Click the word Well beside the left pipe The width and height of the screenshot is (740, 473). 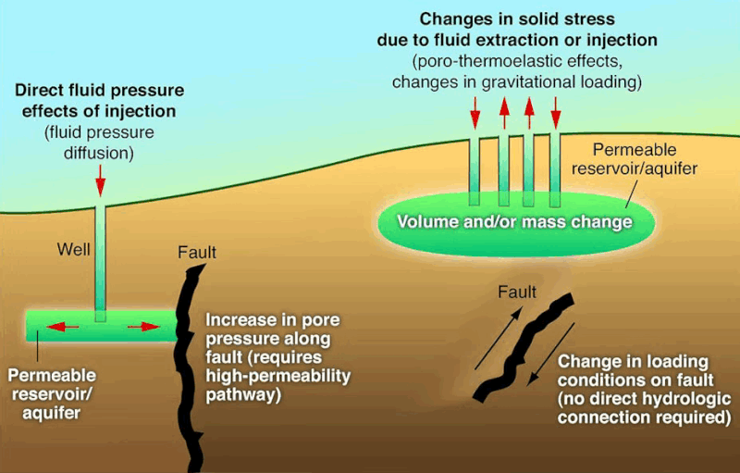(74, 248)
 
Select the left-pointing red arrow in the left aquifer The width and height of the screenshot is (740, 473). (60, 326)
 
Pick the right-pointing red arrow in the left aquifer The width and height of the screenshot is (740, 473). (141, 326)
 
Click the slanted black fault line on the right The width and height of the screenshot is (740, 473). (524, 347)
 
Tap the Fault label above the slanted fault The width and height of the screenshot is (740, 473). (517, 293)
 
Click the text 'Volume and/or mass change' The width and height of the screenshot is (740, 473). (514, 222)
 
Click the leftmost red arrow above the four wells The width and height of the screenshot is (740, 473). (475, 111)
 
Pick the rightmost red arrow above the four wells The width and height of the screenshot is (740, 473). (555, 111)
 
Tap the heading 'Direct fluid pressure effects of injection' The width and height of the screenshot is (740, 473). (99, 102)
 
